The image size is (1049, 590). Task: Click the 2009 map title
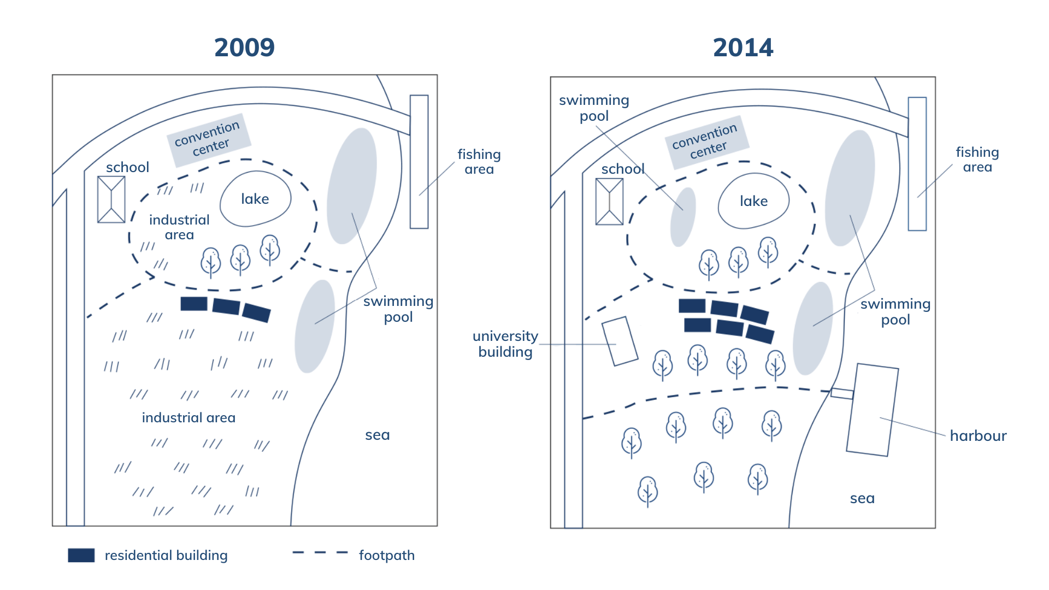244,48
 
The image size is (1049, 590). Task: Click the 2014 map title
743,48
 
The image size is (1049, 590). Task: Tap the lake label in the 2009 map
255,199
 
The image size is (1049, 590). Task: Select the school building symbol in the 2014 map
609,202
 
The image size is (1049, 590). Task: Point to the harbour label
978,435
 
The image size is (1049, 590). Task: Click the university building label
505,344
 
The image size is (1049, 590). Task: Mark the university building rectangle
620,341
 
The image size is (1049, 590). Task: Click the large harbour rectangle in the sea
873,410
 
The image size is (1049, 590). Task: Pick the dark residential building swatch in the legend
81,555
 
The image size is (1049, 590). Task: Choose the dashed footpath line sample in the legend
320,553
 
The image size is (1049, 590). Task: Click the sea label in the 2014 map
862,498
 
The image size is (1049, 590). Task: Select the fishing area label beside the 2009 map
479,162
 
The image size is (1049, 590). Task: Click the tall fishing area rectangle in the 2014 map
917,164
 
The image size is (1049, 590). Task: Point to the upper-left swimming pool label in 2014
594,108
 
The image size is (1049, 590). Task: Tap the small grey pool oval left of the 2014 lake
683,217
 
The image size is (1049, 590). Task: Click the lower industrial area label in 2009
188,417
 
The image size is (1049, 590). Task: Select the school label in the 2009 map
127,167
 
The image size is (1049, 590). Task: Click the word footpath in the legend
387,555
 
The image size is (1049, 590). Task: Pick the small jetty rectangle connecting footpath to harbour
842,393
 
